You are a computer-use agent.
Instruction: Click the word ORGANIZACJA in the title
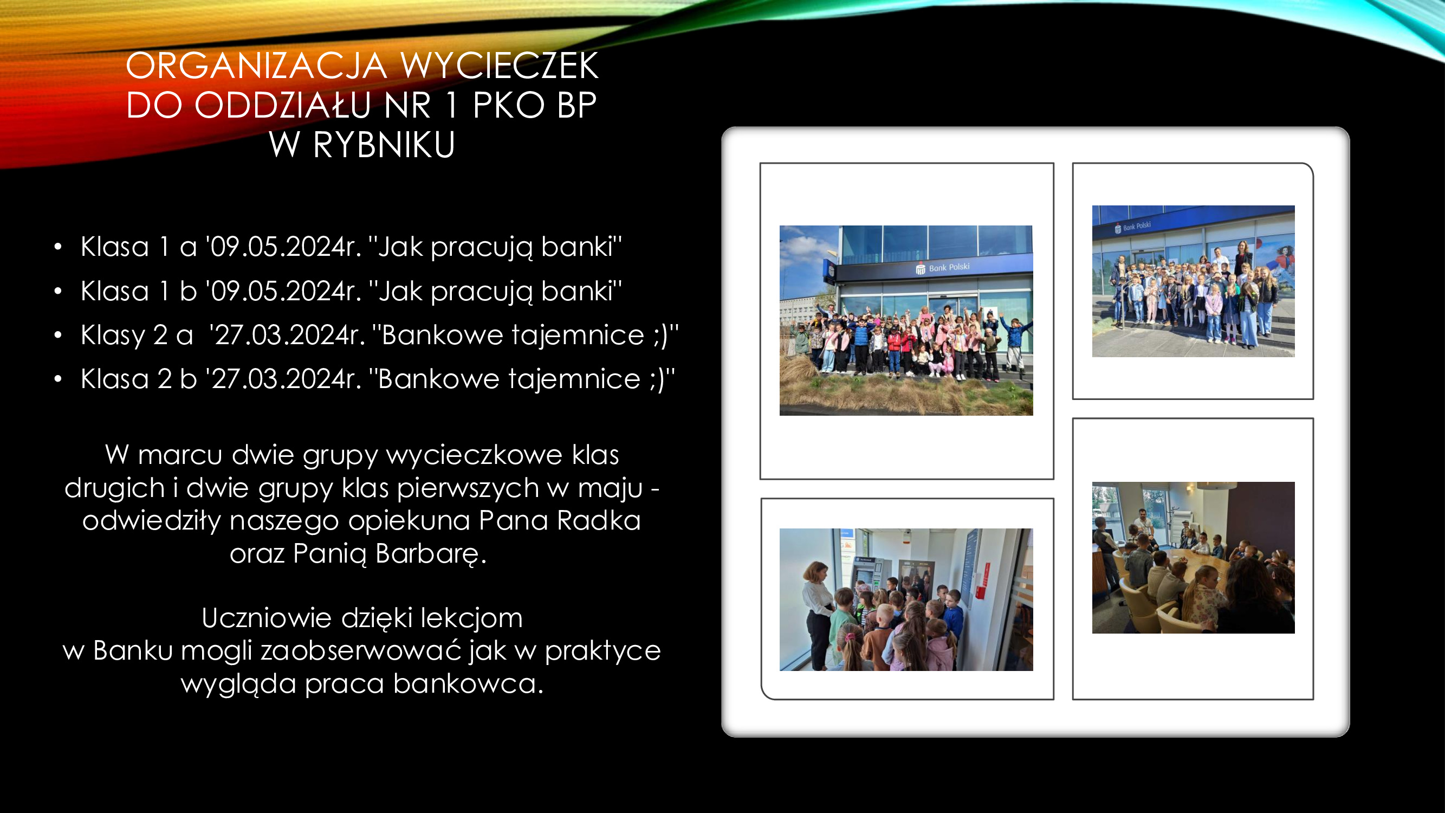(x=256, y=66)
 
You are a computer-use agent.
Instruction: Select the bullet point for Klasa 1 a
(x=58, y=247)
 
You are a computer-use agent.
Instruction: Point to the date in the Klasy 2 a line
(x=287, y=335)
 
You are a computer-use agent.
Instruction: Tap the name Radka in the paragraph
(x=599, y=520)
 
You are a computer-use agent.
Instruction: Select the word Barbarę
(x=431, y=554)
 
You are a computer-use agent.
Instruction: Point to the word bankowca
(x=468, y=683)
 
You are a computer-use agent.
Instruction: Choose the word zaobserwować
(x=361, y=651)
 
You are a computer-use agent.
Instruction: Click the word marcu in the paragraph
(x=180, y=455)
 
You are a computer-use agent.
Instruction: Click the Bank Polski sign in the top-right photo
(x=1132, y=227)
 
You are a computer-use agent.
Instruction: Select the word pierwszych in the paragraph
(x=468, y=488)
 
